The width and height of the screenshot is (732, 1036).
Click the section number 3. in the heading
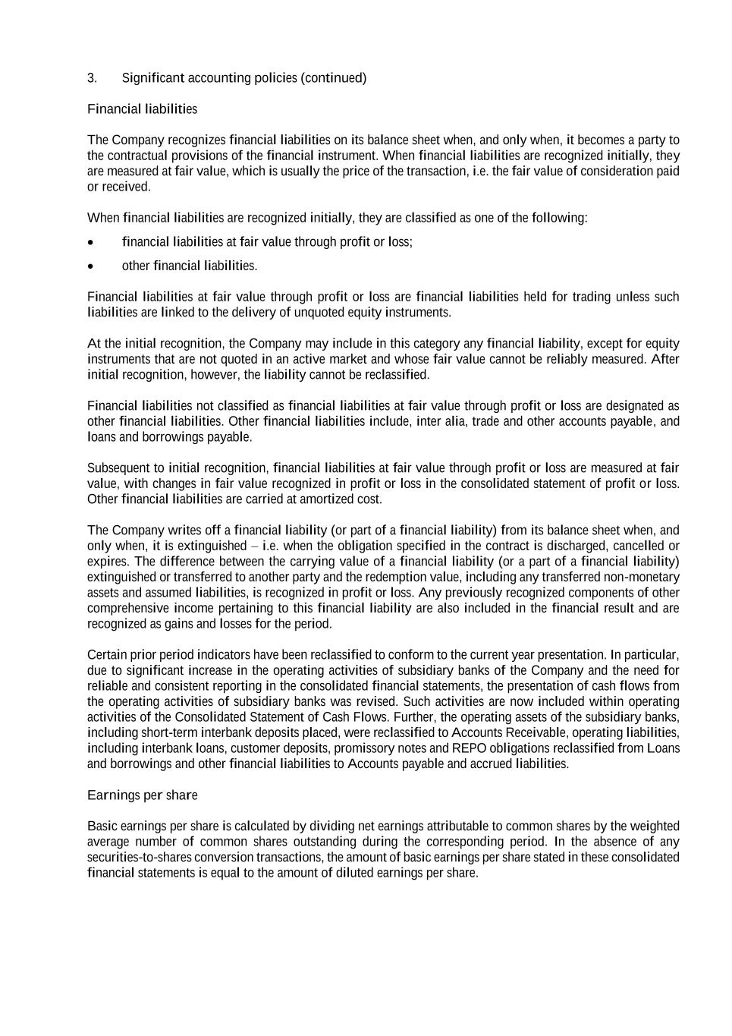pyautogui.click(x=92, y=78)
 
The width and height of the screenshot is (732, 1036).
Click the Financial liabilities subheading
pyautogui.click(x=142, y=109)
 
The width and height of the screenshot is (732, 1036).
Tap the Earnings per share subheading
pyautogui.click(x=142, y=795)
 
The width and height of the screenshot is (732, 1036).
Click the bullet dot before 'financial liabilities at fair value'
pyautogui.click(x=92, y=242)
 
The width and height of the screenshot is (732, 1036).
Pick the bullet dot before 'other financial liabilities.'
pyautogui.click(x=92, y=266)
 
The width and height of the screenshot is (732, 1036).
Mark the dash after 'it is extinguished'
pyautogui.click(x=254, y=546)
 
